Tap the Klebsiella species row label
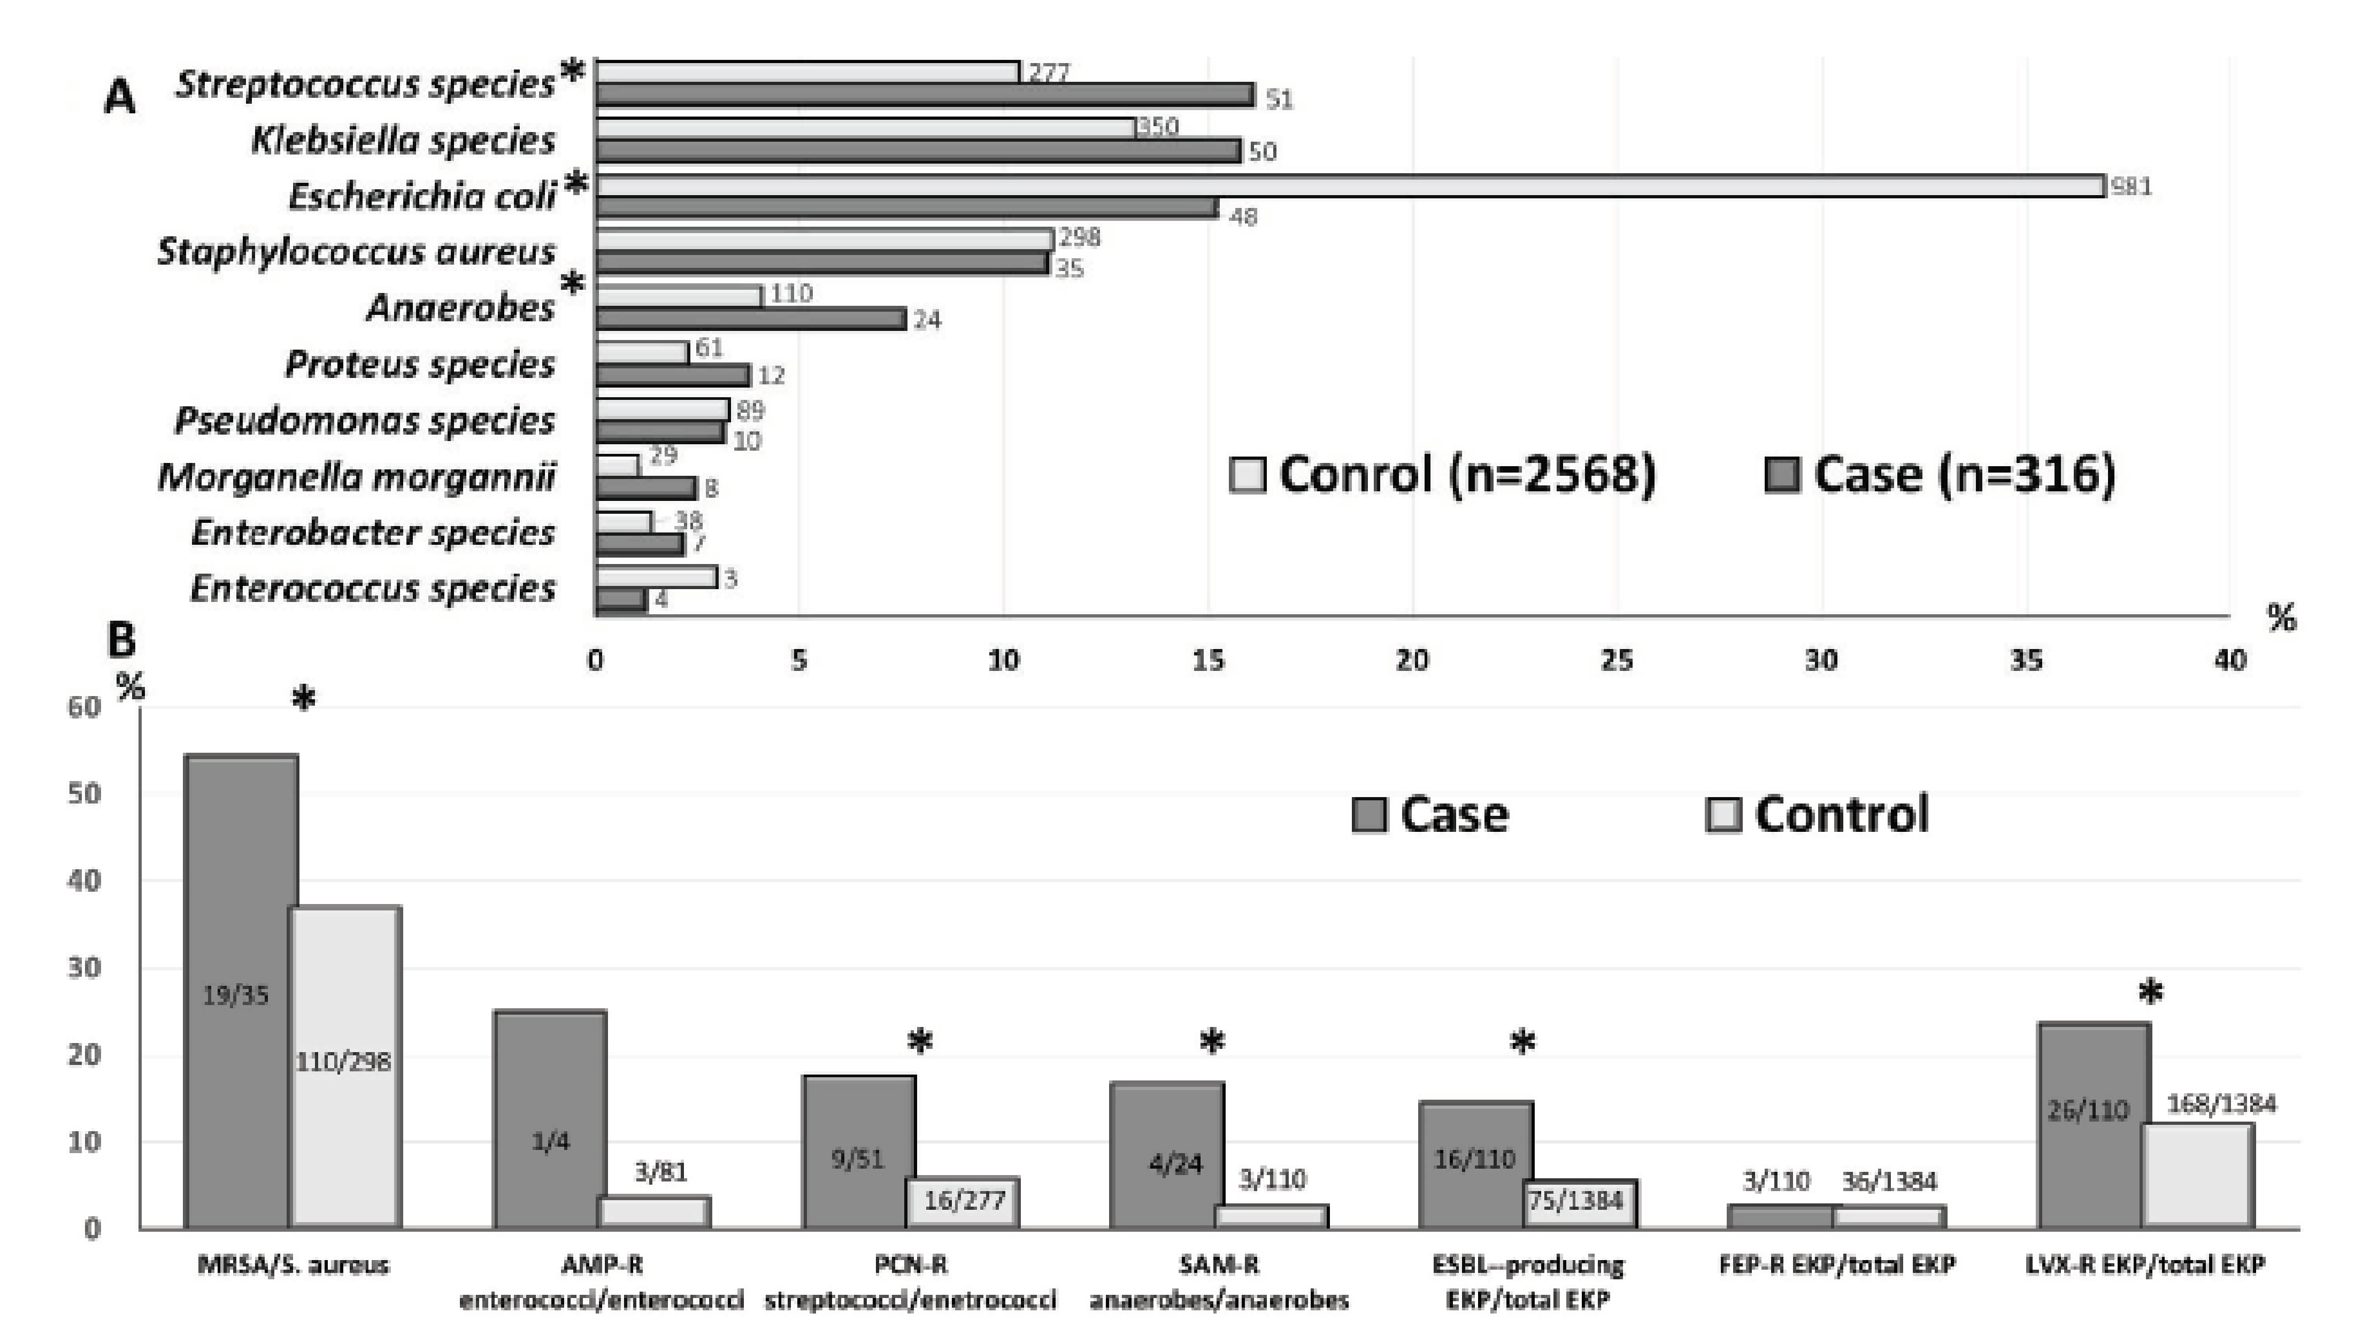click(403, 140)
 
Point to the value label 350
click(1157, 127)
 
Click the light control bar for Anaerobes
click(679, 296)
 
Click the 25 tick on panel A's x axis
click(1616, 660)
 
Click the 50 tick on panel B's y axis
click(85, 794)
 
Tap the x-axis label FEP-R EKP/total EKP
click(1837, 1265)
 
